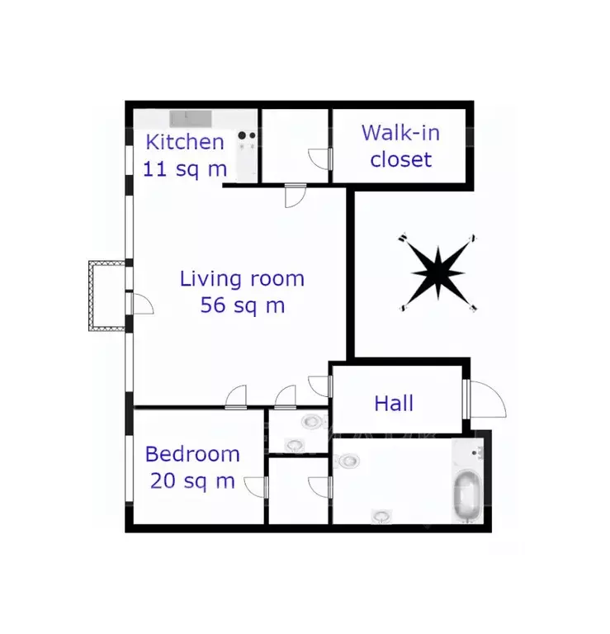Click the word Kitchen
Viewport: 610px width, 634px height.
click(x=185, y=142)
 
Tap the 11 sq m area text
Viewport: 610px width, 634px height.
click(x=185, y=169)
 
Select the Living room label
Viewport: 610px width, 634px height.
click(x=242, y=278)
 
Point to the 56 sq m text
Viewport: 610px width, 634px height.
click(x=243, y=305)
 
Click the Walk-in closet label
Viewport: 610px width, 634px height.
click(x=400, y=146)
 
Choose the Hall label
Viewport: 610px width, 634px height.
click(x=394, y=403)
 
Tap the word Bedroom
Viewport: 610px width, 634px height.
click(x=192, y=454)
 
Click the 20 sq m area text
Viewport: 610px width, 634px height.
click(x=192, y=481)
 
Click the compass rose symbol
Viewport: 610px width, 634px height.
click(x=438, y=273)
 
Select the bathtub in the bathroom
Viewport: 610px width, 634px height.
click(x=467, y=496)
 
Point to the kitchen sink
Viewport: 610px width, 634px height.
click(x=191, y=119)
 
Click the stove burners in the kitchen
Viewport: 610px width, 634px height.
click(x=247, y=135)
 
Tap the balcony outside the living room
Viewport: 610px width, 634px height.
click(x=107, y=296)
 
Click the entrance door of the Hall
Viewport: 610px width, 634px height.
click(x=485, y=399)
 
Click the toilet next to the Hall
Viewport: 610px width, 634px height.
click(x=312, y=422)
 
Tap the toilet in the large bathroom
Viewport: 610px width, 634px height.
click(x=348, y=460)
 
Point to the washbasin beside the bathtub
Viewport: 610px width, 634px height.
click(x=478, y=453)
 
